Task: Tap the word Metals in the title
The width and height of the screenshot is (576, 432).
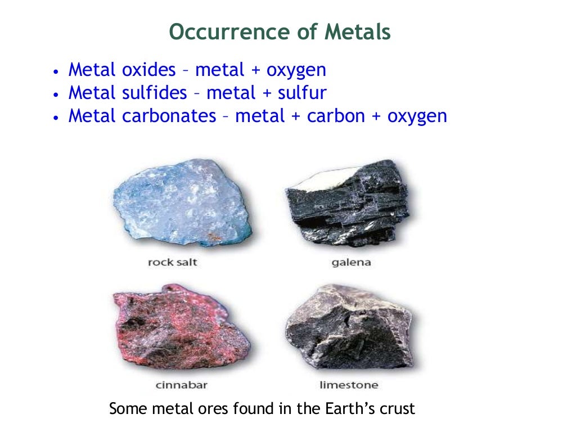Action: click(x=357, y=32)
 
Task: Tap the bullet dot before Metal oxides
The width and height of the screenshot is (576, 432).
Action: click(x=55, y=73)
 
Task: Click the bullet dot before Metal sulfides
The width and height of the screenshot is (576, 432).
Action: click(x=55, y=95)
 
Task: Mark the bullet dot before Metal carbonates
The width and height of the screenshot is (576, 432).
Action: click(x=55, y=118)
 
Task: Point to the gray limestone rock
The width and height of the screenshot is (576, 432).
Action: click(x=349, y=329)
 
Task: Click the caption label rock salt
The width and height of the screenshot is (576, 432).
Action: click(x=172, y=263)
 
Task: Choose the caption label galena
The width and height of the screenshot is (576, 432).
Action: click(x=351, y=263)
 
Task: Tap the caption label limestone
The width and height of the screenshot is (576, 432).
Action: click(x=349, y=385)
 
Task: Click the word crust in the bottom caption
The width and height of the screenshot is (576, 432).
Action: click(x=397, y=408)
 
